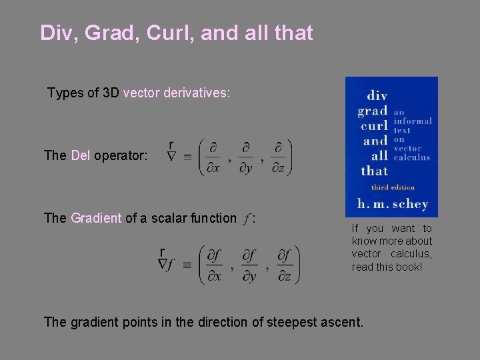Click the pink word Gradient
(x=96, y=217)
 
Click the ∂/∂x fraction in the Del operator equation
(x=214, y=158)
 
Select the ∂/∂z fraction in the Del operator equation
(x=279, y=158)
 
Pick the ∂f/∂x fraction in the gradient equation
(x=214, y=265)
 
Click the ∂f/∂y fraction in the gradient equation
(x=249, y=265)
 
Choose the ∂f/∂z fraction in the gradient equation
(x=285, y=265)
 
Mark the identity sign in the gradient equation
(x=187, y=265)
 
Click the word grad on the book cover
(x=372, y=110)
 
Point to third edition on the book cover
(x=393, y=187)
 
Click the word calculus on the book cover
(x=412, y=158)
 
